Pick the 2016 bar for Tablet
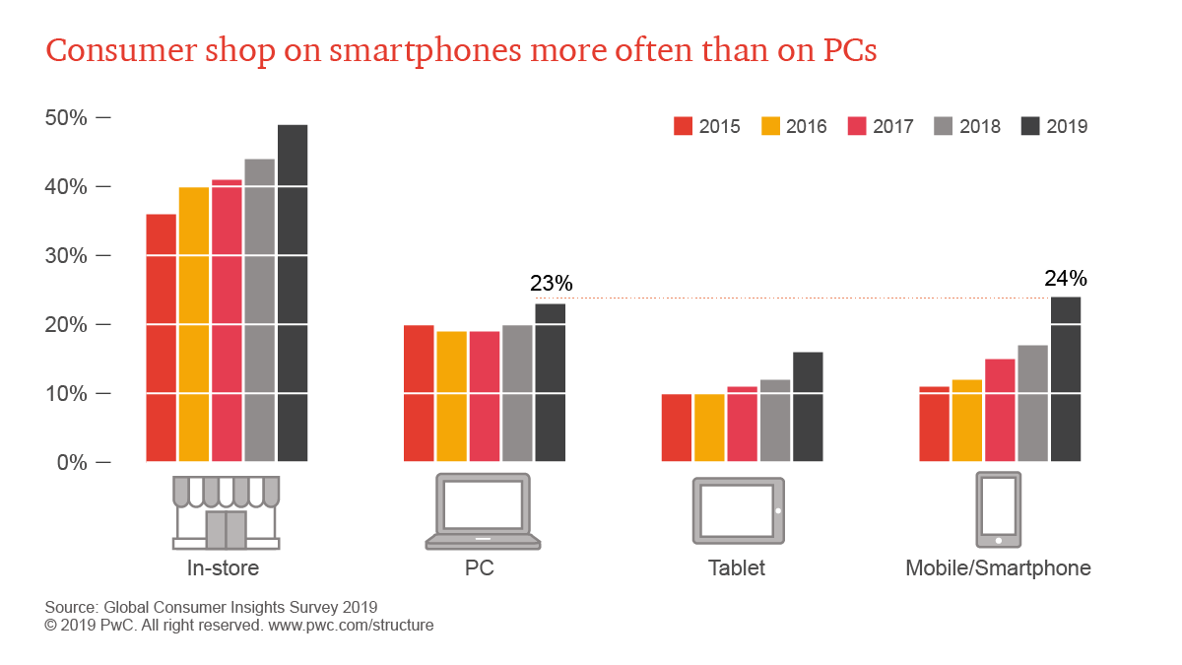click(709, 428)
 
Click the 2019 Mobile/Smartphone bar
click(1066, 379)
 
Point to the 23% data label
click(551, 284)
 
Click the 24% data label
click(1065, 279)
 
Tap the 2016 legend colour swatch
click(770, 126)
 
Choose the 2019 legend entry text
click(1067, 126)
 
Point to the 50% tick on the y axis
click(67, 118)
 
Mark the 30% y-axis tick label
click(67, 256)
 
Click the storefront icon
click(227, 512)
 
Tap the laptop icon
click(484, 511)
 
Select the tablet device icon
click(739, 511)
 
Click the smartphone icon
click(998, 509)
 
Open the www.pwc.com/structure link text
click(351, 625)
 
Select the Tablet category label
click(736, 568)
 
